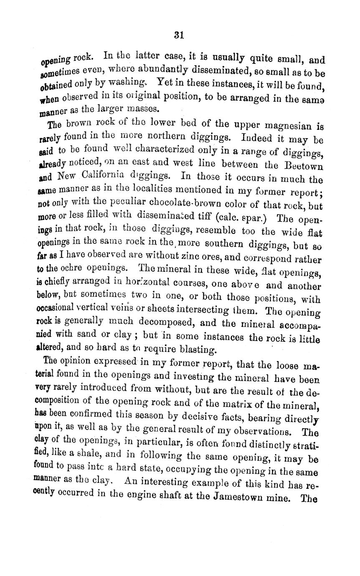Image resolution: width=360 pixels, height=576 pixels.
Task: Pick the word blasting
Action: (197, 349)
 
